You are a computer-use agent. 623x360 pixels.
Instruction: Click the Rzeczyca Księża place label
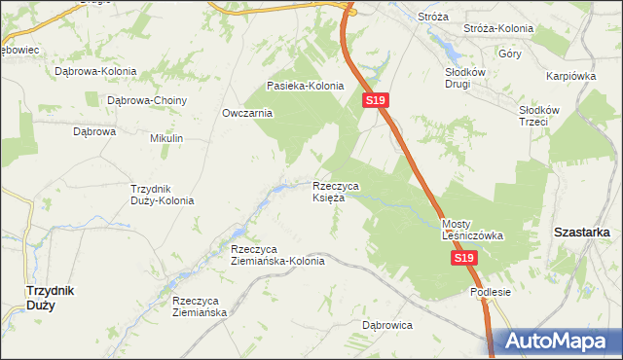[336, 191]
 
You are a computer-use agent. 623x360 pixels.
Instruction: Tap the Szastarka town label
[581, 233]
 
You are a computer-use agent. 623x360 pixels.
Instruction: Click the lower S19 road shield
[463, 259]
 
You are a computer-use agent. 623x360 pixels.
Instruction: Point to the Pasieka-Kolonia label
[306, 86]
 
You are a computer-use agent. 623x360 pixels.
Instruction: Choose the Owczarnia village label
[247, 113]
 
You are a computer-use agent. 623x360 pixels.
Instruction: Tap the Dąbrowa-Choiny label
[147, 99]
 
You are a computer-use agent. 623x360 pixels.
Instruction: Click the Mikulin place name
[166, 139]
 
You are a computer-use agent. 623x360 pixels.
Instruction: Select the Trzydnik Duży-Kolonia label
[163, 194]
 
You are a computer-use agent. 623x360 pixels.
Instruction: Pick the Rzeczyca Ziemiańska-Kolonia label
[277, 254]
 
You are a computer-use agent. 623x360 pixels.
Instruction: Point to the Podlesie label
[490, 291]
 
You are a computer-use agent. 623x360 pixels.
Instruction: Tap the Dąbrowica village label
[387, 325]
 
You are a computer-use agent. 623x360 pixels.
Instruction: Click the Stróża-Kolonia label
[506, 29]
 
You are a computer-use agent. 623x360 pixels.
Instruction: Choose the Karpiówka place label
[570, 75]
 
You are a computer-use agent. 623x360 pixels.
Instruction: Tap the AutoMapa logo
[557, 342]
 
